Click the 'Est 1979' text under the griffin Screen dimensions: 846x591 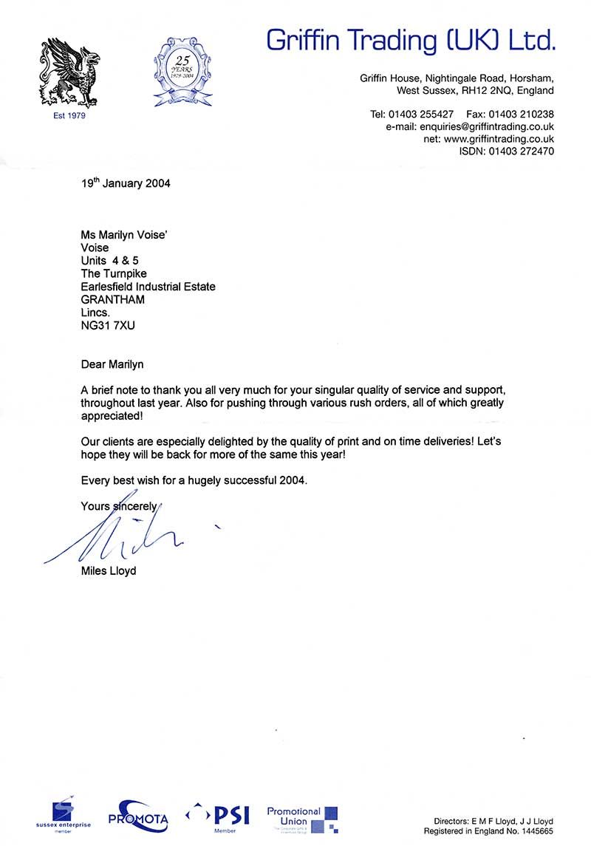point(69,116)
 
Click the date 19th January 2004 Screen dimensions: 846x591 point(126,183)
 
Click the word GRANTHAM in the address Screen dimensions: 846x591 point(113,299)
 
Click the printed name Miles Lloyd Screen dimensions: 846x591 point(109,570)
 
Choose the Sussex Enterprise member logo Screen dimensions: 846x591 point(63,816)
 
